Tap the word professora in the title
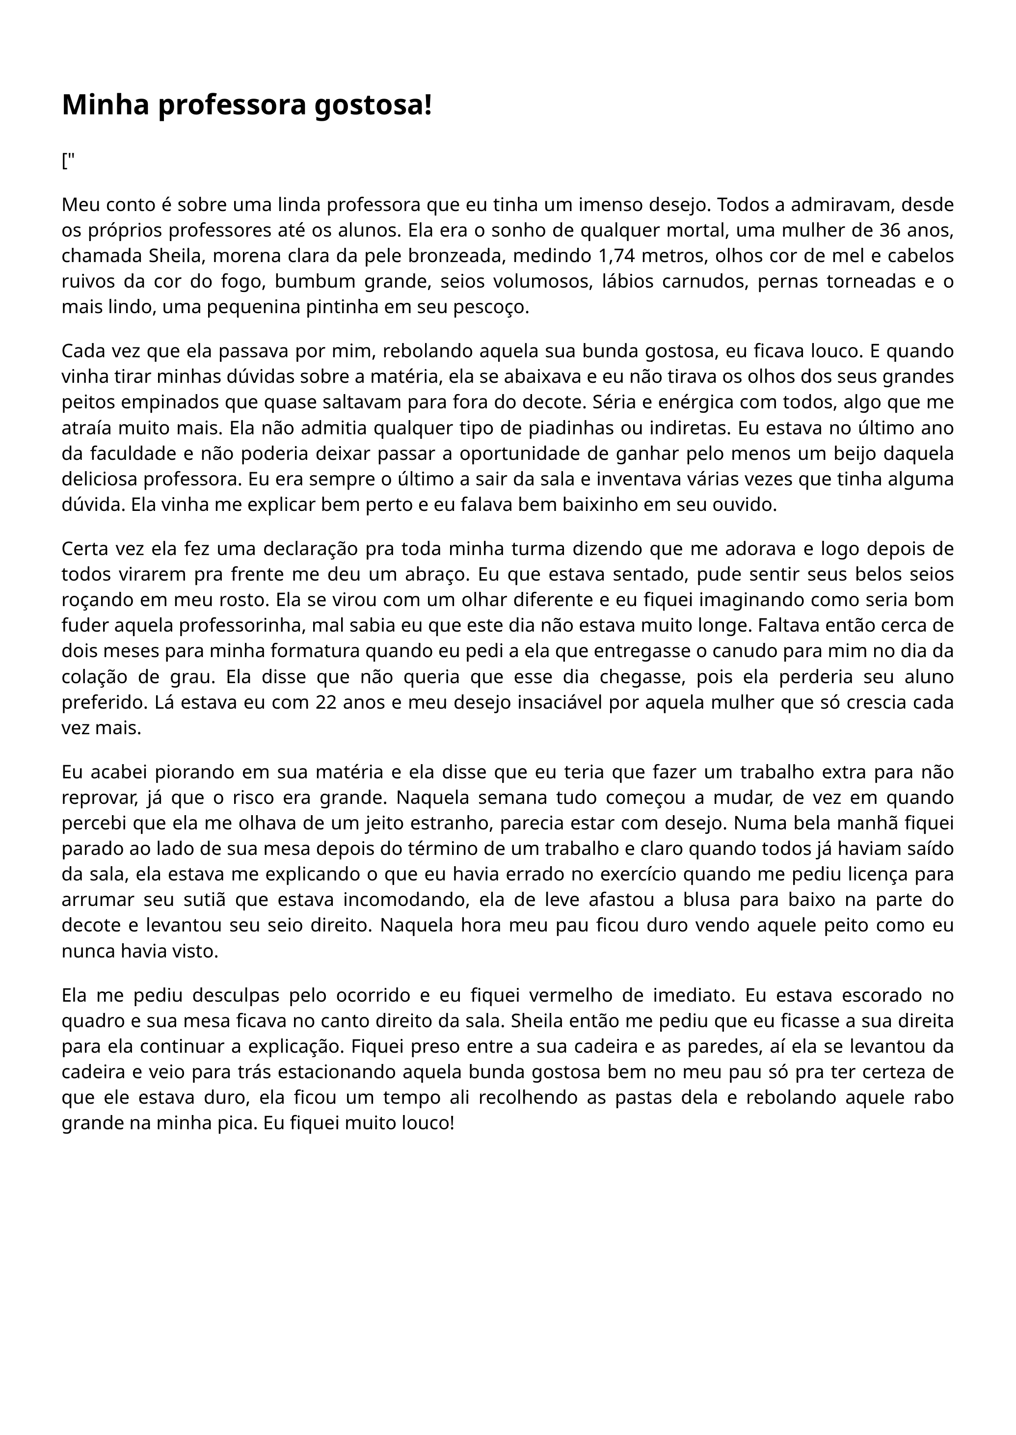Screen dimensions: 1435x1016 231,105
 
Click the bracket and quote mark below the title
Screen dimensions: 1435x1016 68,161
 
